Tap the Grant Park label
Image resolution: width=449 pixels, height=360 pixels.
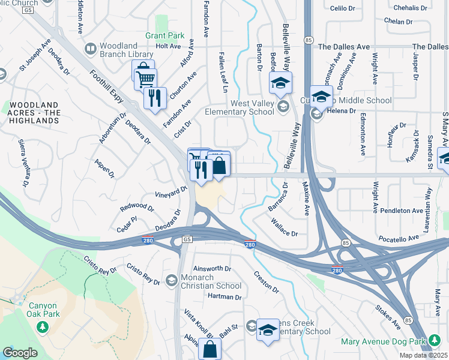pos(164,35)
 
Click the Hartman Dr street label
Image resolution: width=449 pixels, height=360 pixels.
pos(224,297)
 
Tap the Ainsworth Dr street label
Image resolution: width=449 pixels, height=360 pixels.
pos(212,269)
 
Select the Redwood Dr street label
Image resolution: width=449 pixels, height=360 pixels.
pos(137,208)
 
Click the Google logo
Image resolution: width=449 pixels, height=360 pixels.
pos(20,353)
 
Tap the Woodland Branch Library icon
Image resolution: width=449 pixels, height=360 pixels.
pos(90,48)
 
